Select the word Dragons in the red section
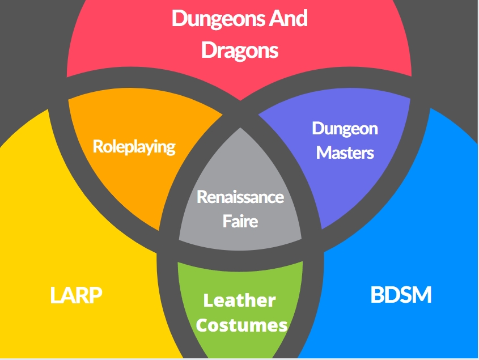tap(240, 50)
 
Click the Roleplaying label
tap(134, 147)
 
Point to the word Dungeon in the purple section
tap(345, 128)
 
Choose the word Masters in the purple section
tap(345, 153)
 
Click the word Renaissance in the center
tap(240, 197)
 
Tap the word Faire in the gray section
tap(240, 221)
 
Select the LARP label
tap(77, 295)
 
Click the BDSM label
tap(401, 295)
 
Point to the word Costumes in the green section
tap(241, 325)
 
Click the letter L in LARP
tap(55, 295)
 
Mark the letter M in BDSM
tap(421, 295)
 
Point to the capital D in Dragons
tap(208, 50)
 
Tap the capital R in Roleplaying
tap(98, 146)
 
